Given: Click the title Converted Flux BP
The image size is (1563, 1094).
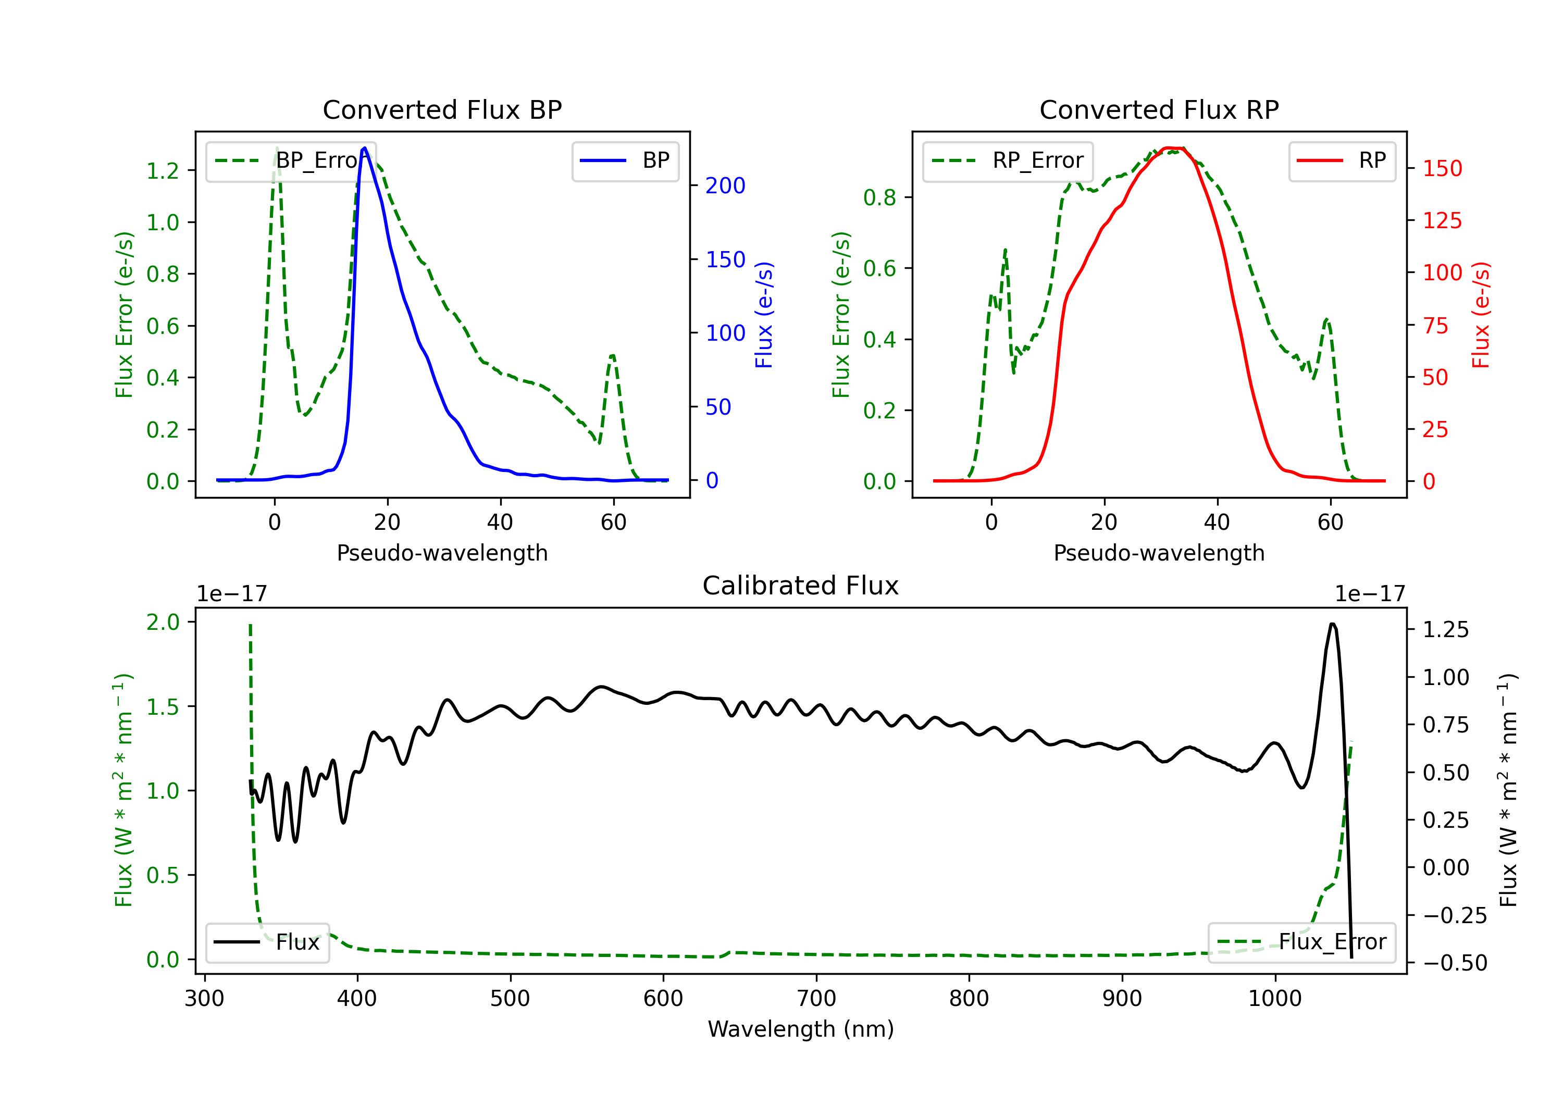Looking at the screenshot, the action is (442, 109).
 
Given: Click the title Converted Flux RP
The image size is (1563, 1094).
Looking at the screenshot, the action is (1159, 109).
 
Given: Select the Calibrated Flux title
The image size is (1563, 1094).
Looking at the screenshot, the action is (801, 586).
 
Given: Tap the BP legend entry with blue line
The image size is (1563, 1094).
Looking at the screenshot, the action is (625, 160).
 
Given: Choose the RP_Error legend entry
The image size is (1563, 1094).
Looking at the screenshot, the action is (1008, 160).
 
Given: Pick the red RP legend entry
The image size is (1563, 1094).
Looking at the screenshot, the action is (1342, 160).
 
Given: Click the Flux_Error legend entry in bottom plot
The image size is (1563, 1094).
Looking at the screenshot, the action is (1301, 942).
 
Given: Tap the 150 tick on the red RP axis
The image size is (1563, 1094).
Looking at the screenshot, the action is (1442, 168).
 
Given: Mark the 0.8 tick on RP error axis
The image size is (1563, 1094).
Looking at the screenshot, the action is (879, 197).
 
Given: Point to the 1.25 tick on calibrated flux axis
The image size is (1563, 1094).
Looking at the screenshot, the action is (1445, 630).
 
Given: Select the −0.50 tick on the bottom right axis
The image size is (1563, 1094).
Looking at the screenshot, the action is (1455, 963).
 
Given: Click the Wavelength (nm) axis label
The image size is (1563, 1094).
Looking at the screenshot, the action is (801, 1029).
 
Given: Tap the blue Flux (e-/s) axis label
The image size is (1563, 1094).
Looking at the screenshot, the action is (764, 315).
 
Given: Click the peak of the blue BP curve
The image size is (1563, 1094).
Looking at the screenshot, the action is (365, 148).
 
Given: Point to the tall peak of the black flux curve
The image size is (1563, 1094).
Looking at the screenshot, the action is (1332, 624).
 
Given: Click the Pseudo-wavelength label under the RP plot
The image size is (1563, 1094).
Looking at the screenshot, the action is (1159, 553).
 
